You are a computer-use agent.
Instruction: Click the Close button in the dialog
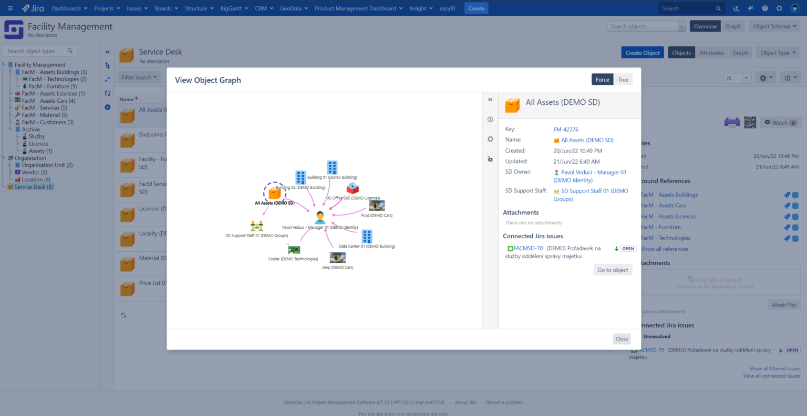click(622, 339)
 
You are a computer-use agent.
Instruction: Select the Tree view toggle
click(623, 80)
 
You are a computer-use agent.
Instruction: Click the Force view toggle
click(602, 80)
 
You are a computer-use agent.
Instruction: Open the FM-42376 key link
click(566, 130)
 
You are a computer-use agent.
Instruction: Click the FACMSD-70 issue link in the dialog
click(528, 249)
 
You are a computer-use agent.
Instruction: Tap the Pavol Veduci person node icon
click(320, 217)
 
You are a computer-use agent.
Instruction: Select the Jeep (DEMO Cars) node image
click(337, 258)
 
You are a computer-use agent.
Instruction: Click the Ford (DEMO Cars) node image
click(377, 205)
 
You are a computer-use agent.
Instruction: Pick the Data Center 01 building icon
click(367, 236)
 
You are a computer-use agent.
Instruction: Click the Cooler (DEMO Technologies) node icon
click(294, 250)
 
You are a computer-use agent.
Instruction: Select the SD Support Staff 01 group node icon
click(257, 226)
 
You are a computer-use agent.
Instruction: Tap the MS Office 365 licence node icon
click(353, 188)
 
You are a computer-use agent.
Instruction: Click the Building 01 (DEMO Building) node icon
click(332, 167)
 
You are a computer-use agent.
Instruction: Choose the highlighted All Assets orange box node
click(274, 193)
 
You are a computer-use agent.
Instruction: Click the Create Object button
click(643, 53)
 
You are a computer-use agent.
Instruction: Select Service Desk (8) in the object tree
click(34, 187)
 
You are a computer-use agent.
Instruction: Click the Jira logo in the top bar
click(33, 8)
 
